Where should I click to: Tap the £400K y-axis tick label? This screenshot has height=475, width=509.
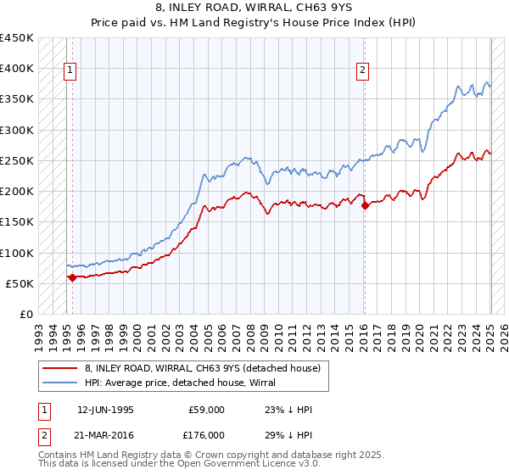click(17, 69)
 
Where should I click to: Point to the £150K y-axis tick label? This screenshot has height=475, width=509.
click(17, 222)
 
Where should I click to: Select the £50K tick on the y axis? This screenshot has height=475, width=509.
click(20, 283)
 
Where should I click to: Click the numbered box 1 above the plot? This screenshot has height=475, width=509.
click(70, 70)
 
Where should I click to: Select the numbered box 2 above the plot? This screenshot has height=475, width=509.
click(362, 70)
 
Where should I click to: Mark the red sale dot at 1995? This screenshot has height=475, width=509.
click(72, 277)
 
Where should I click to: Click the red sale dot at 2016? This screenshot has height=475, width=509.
click(364, 205)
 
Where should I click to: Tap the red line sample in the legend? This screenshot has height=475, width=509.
click(61, 368)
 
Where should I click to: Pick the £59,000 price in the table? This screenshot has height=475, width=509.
click(206, 410)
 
